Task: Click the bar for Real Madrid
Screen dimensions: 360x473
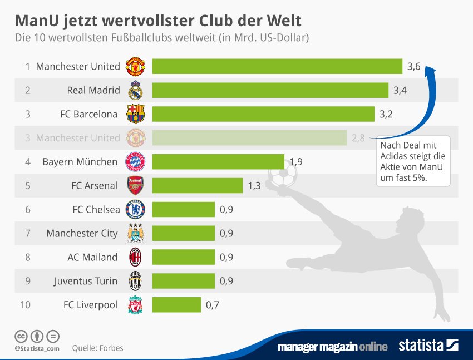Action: [270, 90]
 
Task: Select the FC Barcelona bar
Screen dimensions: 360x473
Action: [263, 114]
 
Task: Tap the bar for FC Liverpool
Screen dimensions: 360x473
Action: [176, 305]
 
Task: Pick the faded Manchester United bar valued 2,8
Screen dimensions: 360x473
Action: [249, 138]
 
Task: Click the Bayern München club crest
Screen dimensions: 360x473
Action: [136, 162]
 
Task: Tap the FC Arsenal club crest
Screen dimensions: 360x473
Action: [136, 185]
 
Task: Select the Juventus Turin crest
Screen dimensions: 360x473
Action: [136, 281]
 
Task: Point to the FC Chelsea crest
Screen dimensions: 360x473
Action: [136, 210]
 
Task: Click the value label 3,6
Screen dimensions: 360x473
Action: [413, 67]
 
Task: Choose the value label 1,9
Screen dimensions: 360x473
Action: [296, 162]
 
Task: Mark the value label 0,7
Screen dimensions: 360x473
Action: [213, 305]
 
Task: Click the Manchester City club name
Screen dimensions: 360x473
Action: [82, 233]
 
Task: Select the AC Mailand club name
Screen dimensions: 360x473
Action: [92, 257]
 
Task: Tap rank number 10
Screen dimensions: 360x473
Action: [25, 305]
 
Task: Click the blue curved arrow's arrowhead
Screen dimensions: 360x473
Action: [429, 70]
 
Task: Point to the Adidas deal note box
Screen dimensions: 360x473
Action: [413, 161]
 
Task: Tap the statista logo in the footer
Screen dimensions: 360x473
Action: [428, 346]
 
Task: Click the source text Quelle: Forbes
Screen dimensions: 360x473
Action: [98, 348]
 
